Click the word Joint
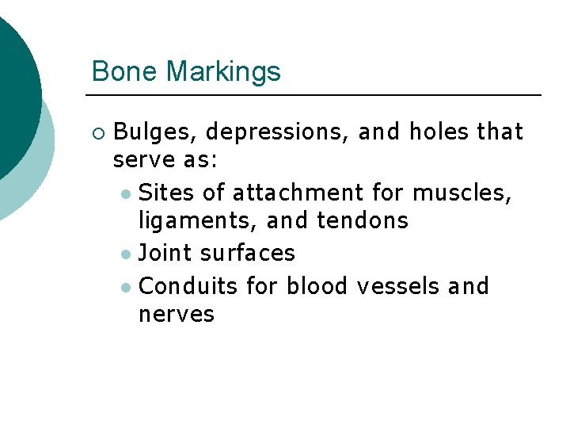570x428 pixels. [x=165, y=253]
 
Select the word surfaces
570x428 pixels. [x=248, y=253]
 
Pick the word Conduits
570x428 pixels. [x=188, y=285]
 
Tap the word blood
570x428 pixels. [x=317, y=285]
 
